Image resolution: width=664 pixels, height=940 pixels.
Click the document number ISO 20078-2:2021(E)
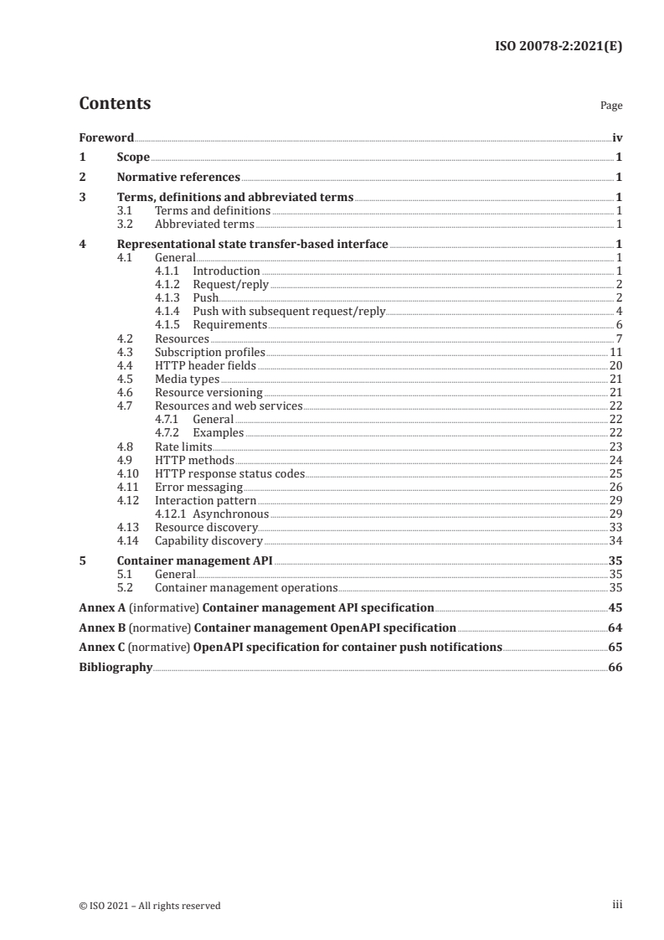click(558, 47)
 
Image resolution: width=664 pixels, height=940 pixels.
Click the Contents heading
click(115, 104)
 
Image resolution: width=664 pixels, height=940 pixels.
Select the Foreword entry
click(106, 137)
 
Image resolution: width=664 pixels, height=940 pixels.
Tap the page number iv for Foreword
click(616, 137)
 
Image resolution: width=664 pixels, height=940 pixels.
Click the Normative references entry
click(178, 177)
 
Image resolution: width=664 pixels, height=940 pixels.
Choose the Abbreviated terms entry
click(204, 224)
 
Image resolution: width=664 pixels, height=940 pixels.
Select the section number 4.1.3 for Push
click(170, 297)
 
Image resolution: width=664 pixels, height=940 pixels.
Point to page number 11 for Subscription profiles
click(615, 352)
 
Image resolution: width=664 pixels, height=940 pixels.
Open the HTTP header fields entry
click(205, 365)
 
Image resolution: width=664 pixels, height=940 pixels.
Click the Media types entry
click(187, 379)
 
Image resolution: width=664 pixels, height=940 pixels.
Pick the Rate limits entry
click(183, 447)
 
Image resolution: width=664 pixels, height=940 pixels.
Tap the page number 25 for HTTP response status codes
click(615, 473)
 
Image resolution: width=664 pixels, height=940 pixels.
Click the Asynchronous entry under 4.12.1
click(230, 514)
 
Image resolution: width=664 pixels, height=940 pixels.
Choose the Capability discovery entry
click(208, 540)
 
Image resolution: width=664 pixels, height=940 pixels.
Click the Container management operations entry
click(246, 588)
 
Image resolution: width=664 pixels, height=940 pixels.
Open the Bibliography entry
click(116, 667)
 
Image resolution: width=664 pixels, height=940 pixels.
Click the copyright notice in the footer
click(150, 905)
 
